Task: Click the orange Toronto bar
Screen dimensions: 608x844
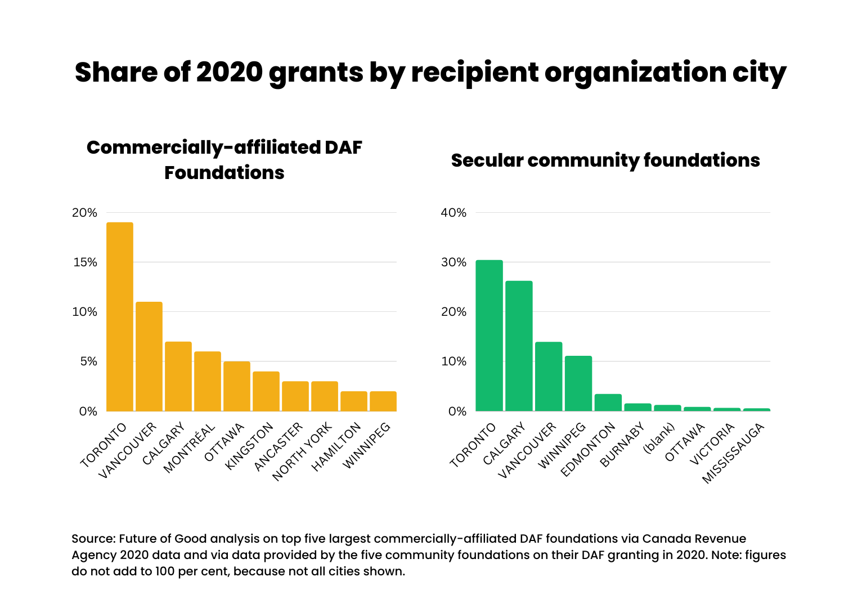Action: (120, 316)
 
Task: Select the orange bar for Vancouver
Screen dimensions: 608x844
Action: (149, 356)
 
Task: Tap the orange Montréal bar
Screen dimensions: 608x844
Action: (208, 381)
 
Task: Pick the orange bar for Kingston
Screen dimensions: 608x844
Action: (266, 391)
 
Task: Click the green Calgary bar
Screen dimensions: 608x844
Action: (519, 346)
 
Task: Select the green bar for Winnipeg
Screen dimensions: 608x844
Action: (578, 383)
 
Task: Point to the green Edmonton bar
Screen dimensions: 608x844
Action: (608, 403)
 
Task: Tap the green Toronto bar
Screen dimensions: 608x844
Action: (489, 336)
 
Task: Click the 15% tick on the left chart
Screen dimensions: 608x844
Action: (84, 262)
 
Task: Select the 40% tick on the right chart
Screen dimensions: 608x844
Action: (454, 213)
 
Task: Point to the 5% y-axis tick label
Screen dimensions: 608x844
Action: (88, 361)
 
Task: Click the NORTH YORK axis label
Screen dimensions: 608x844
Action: (303, 452)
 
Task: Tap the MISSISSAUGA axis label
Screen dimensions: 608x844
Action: (734, 453)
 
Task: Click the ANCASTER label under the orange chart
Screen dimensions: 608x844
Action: (279, 446)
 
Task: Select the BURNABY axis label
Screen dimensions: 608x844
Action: (623, 445)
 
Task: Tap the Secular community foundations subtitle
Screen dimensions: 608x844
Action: (605, 160)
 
